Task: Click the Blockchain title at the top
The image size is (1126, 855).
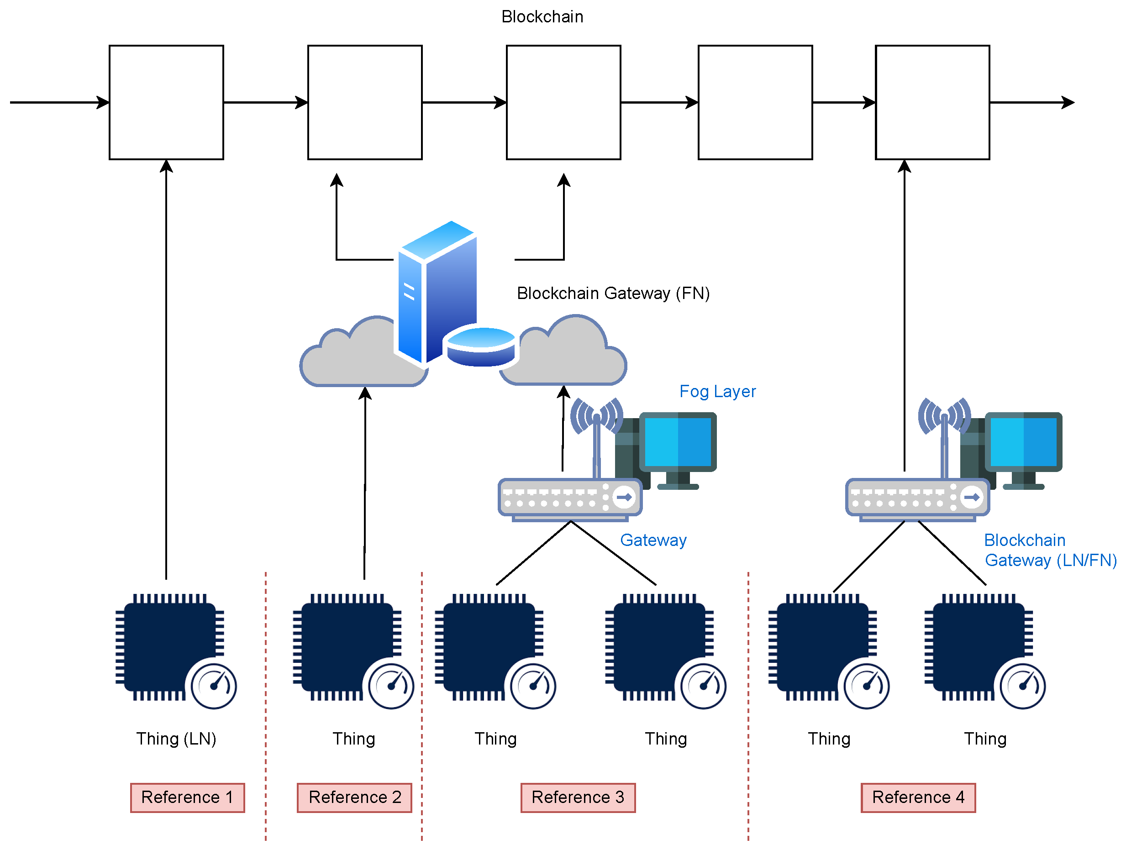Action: click(542, 17)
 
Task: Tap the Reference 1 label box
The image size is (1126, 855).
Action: click(187, 797)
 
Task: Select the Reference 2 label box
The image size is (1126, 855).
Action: click(354, 797)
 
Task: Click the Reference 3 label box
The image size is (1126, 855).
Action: click(578, 797)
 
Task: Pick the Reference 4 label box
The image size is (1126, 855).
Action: click(918, 797)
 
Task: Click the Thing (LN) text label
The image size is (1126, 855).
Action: click(176, 739)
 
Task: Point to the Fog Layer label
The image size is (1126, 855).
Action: click(717, 391)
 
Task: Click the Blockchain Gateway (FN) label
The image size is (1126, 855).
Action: click(613, 293)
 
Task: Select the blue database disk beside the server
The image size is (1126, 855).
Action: click(480, 346)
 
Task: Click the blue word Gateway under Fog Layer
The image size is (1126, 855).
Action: click(653, 540)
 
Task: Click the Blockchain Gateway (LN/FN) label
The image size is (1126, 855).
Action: click(1050, 550)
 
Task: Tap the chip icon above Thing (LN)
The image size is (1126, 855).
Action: click(169, 646)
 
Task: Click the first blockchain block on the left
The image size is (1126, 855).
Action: click(167, 102)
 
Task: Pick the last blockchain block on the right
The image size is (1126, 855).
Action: click(932, 102)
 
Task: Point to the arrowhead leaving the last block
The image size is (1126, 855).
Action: click(1068, 102)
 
